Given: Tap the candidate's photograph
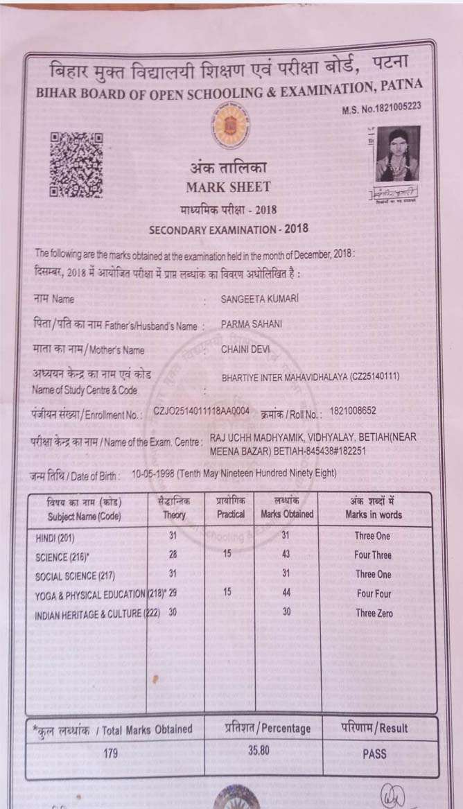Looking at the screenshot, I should tap(398, 154).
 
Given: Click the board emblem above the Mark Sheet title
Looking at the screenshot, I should tap(227, 123).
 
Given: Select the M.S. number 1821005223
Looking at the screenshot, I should tap(381, 107).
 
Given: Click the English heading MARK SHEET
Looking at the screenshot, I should tap(228, 187).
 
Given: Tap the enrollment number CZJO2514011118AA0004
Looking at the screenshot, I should tap(202, 411).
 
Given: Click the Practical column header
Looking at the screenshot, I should tap(231, 515).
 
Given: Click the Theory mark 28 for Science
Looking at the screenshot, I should tap(173, 554).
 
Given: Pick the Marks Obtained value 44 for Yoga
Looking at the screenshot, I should tap(287, 593).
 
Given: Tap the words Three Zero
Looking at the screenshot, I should tap(374, 613).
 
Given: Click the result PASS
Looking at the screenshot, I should tap(374, 754).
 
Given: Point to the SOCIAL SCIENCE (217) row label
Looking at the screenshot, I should tap(75, 576).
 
